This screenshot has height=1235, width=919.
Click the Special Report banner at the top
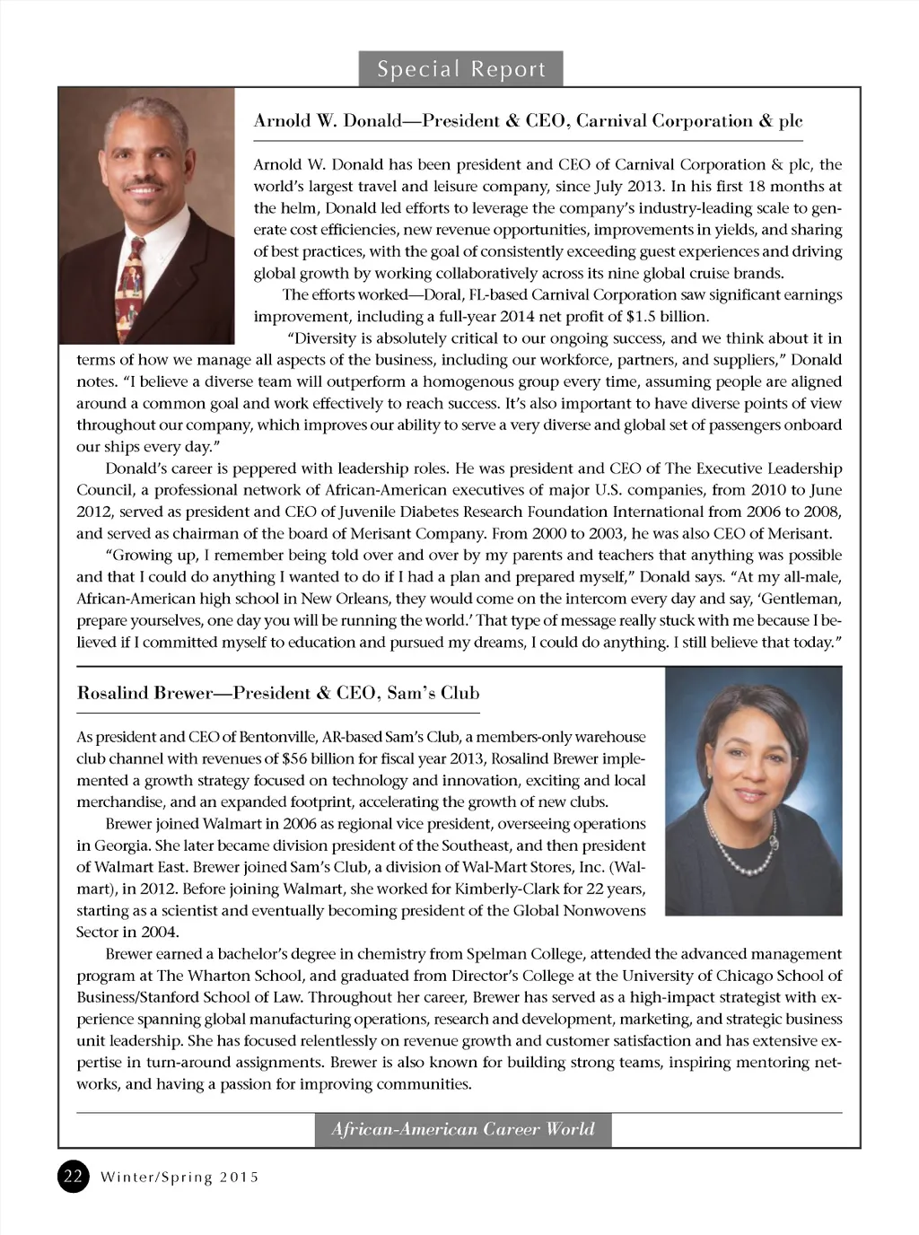click(x=461, y=69)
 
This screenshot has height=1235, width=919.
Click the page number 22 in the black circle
click(x=74, y=1176)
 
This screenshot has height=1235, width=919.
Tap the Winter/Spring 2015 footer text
click(x=179, y=1177)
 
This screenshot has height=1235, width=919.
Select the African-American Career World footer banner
click(x=463, y=1129)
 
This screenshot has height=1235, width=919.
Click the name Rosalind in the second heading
click(x=112, y=693)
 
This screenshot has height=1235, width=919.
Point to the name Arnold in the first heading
click(x=279, y=121)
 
